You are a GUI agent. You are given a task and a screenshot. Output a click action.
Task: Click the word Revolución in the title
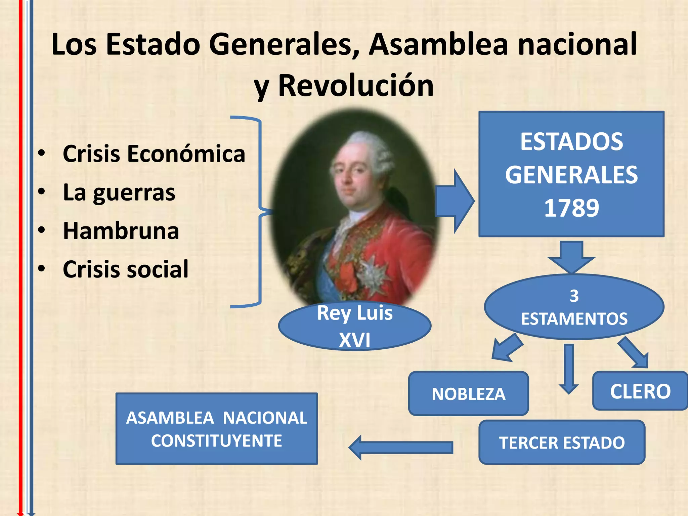[356, 86]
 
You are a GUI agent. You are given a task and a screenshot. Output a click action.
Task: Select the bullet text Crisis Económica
[154, 154]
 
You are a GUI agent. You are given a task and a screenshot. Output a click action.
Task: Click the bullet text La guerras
[119, 192]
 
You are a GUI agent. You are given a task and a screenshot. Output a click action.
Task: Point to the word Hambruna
[121, 231]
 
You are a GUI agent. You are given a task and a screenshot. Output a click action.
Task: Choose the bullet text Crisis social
[126, 269]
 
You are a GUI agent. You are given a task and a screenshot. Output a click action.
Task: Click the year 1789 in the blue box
[571, 208]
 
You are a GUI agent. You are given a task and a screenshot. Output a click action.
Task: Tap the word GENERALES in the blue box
[571, 175]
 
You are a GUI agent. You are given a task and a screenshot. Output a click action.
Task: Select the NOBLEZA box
[468, 394]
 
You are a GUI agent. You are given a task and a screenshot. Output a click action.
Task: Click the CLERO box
[640, 391]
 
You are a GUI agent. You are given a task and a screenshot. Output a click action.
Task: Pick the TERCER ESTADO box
[562, 442]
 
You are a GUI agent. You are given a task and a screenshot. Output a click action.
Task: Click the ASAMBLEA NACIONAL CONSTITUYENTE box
[216, 429]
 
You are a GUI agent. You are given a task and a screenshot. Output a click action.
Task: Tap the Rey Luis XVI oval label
[355, 326]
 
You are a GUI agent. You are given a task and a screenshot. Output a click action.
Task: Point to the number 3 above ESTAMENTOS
[574, 296]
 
